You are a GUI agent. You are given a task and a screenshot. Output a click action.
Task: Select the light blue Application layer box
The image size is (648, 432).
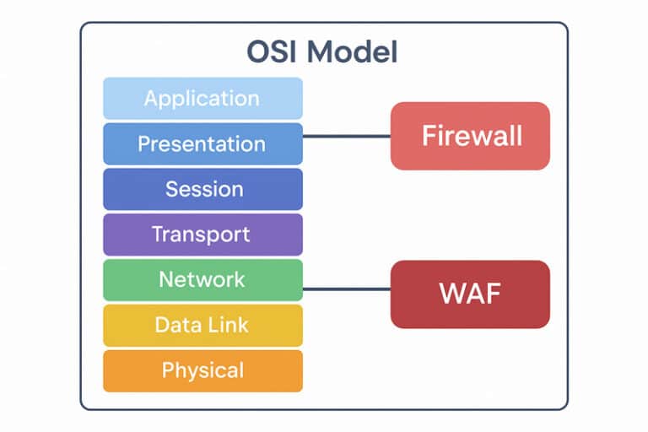202,98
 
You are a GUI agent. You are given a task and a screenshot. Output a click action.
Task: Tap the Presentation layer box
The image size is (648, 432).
202,143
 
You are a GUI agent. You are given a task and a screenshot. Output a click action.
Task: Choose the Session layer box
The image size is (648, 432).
202,189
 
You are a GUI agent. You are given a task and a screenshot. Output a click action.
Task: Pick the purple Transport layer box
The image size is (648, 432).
202,234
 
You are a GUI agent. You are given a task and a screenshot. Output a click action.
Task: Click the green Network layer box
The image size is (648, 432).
202,279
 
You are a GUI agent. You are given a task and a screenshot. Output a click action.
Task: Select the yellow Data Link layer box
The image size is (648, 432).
202,325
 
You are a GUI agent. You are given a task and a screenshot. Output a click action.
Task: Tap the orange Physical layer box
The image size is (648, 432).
202,370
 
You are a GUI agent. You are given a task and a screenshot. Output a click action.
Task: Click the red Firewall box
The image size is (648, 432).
470,136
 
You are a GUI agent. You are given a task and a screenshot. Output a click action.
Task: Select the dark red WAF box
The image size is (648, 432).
470,294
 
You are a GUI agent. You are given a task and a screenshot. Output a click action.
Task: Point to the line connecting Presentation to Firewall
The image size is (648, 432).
346,136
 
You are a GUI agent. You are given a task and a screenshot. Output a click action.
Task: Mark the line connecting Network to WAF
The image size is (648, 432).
346,289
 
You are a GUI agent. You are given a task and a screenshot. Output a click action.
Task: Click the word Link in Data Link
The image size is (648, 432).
227,325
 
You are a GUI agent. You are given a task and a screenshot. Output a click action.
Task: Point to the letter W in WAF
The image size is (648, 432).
449,294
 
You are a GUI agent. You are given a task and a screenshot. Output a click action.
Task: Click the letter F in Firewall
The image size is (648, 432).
427,136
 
